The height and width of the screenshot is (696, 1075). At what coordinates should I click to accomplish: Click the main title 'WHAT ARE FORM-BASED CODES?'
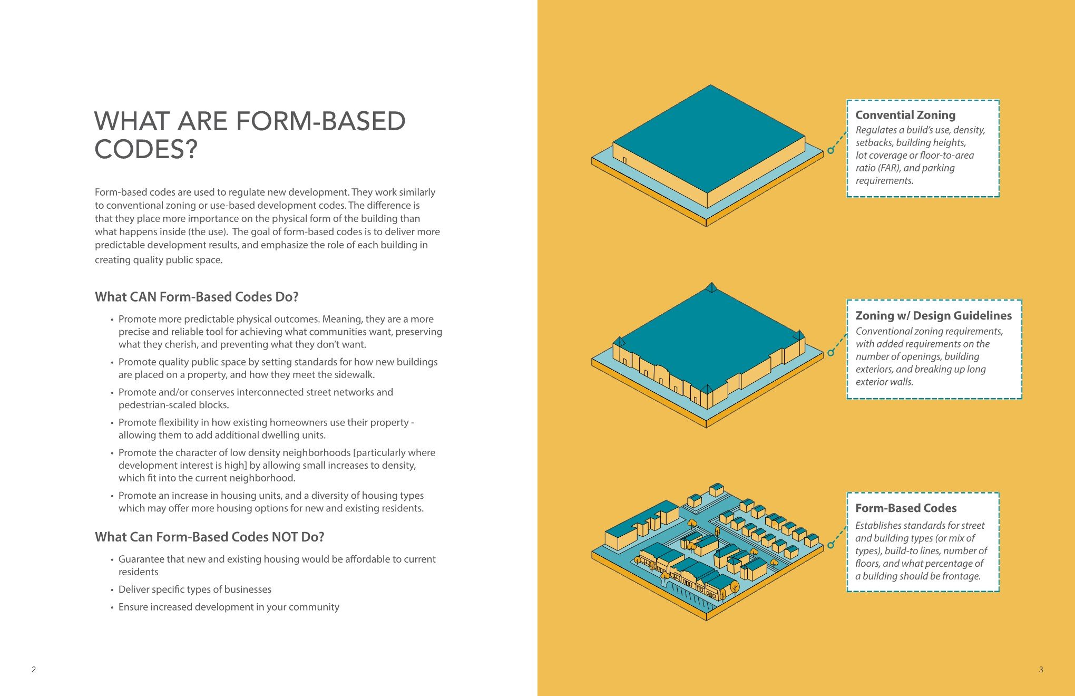[x=250, y=135]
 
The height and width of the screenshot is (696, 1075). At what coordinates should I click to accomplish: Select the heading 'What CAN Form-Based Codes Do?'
[x=197, y=297]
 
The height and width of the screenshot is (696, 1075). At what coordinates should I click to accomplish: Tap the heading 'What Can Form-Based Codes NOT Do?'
[x=209, y=537]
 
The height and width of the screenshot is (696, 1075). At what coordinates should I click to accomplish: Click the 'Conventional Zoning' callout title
[x=905, y=115]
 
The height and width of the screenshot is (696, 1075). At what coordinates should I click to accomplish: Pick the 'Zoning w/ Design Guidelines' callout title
[x=933, y=315]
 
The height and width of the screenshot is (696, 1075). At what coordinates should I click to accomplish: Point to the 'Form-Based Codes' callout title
[x=905, y=508]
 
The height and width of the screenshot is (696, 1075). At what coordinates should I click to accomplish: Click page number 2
[x=34, y=670]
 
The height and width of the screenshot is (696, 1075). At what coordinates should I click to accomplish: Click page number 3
[x=1041, y=670]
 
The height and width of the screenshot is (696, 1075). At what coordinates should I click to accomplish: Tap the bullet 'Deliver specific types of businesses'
[x=194, y=589]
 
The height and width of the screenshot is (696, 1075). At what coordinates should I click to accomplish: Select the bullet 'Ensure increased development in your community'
[x=229, y=607]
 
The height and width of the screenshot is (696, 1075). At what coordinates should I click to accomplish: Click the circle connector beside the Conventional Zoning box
[x=831, y=150]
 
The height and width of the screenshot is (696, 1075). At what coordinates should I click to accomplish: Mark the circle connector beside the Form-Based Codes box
[x=831, y=545]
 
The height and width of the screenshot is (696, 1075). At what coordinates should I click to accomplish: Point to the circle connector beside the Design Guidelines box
[x=831, y=353]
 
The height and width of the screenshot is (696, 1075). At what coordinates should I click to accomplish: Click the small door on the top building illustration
[x=624, y=161]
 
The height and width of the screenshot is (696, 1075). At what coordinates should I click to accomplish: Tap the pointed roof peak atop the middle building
[x=712, y=287]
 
